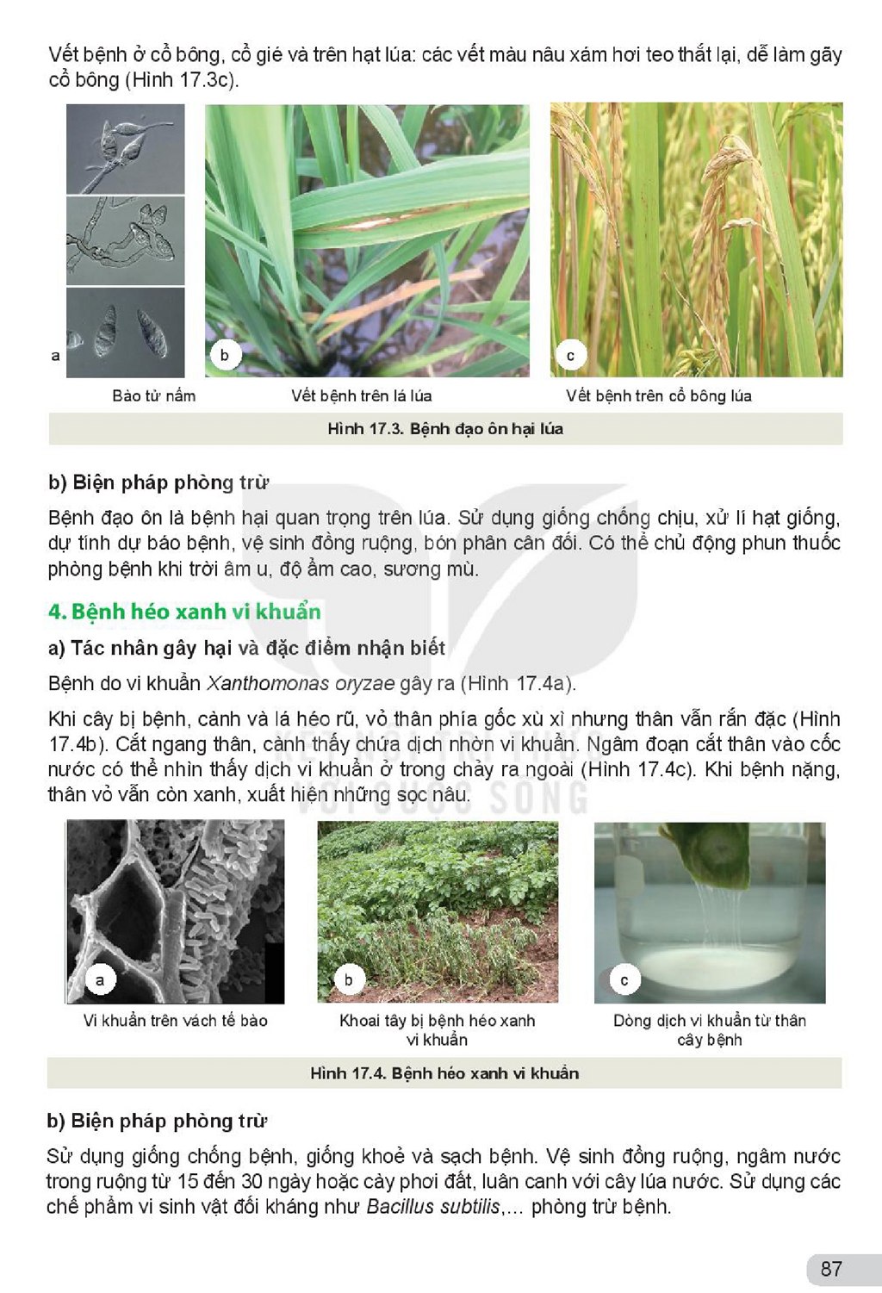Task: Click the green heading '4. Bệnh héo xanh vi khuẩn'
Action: click(184, 612)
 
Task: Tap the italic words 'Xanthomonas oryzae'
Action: click(301, 683)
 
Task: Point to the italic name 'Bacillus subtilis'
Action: click(433, 1207)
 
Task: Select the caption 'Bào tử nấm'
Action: click(154, 396)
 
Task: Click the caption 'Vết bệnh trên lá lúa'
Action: click(362, 396)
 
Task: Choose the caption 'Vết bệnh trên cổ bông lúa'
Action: click(659, 396)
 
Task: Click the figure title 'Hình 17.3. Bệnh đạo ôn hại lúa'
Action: click(445, 429)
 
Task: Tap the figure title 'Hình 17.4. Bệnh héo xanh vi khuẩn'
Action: click(444, 1073)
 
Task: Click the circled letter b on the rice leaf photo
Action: click(225, 354)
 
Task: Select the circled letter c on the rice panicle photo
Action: click(570, 356)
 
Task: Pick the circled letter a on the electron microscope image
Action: click(100, 979)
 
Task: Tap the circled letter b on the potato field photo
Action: click(349, 979)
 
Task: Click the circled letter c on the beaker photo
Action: click(624, 980)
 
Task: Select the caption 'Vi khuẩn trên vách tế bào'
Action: click(176, 1021)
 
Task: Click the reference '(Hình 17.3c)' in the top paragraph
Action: click(182, 79)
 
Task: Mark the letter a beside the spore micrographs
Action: click(55, 356)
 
